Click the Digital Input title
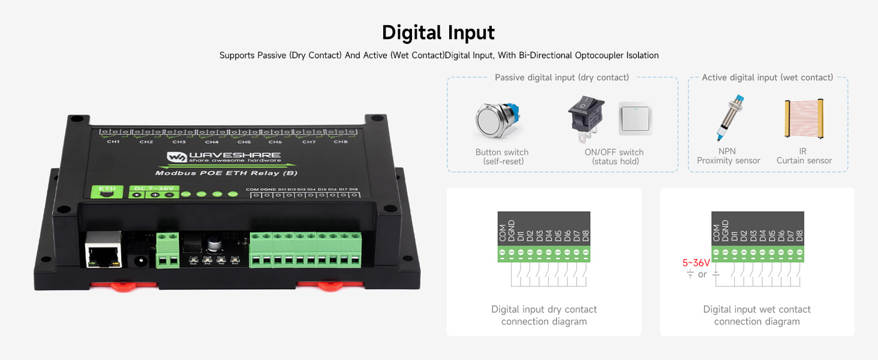[438, 32]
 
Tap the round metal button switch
[496, 122]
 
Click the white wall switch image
[635, 118]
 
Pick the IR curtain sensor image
[804, 119]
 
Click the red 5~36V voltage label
[696, 263]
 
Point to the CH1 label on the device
[113, 142]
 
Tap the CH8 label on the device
[341, 142]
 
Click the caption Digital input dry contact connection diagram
[544, 316]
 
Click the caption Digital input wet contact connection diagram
[757, 316]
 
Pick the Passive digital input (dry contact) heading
[562, 77]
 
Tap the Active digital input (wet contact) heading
[767, 77]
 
